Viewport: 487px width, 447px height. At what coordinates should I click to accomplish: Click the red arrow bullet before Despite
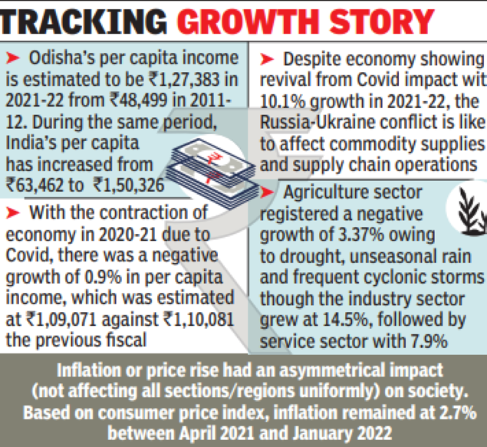tap(269, 58)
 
